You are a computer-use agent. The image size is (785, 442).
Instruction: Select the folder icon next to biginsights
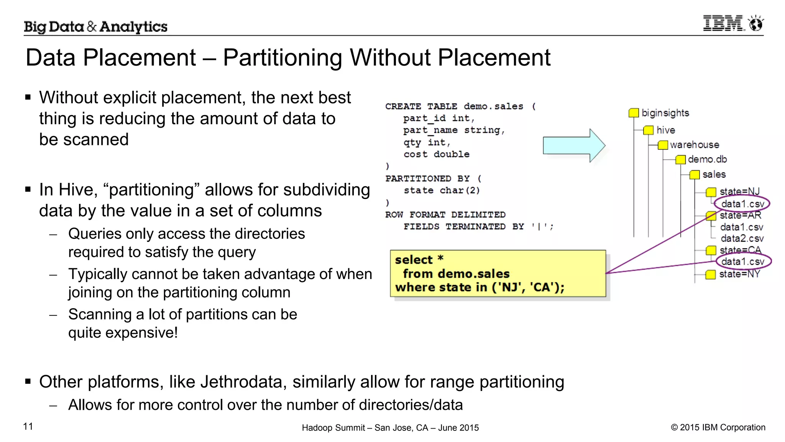634,113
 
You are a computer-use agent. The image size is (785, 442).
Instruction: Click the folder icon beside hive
648,130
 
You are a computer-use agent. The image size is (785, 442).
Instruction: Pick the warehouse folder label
694,145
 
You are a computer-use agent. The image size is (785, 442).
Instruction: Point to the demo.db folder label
707,159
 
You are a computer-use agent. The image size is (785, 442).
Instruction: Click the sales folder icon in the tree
695,175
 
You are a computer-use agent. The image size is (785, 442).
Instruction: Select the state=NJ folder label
739,191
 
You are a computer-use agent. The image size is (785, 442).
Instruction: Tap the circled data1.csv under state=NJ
742,204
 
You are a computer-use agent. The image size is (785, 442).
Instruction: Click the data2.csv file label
742,238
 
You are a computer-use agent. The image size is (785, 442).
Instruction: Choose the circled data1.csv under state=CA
742,262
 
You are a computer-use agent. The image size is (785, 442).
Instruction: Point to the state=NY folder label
739,274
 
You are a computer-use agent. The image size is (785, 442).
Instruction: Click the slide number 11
28,426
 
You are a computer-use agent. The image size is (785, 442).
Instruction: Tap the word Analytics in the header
133,27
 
